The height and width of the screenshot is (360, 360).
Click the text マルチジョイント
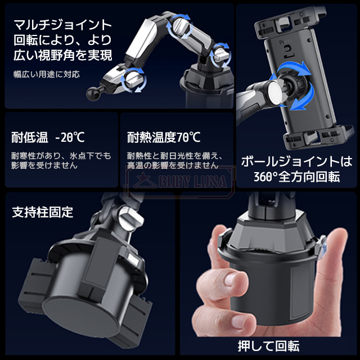[x=62, y=25]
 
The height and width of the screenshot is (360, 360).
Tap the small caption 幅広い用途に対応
[x=47, y=74]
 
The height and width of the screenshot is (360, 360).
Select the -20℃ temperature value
[x=70, y=137]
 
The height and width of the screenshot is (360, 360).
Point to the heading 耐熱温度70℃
[x=164, y=137]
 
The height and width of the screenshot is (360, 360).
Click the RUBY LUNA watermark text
[x=192, y=182]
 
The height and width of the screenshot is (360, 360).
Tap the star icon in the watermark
[x=142, y=180]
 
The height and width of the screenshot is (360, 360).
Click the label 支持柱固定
[x=43, y=212]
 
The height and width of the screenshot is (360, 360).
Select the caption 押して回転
[x=268, y=346]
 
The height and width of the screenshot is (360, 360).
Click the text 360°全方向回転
[x=296, y=177]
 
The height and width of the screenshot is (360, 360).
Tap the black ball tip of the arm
[x=91, y=94]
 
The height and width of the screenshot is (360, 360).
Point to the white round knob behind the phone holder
[x=276, y=92]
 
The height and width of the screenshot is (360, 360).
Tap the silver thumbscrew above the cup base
[x=131, y=218]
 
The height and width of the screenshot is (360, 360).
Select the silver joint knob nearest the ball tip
[x=133, y=79]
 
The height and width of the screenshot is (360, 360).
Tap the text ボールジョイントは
[x=296, y=161]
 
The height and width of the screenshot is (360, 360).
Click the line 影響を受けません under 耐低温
[x=44, y=165]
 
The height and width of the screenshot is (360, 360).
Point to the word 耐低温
[x=30, y=137]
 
